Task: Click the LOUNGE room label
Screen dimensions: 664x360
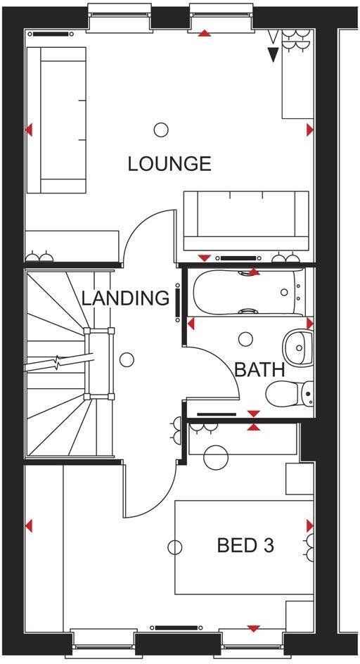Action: click(x=169, y=164)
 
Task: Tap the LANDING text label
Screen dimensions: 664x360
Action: click(x=126, y=298)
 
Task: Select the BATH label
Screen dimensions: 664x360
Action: click(x=259, y=369)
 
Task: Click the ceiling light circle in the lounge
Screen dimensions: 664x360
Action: click(x=161, y=129)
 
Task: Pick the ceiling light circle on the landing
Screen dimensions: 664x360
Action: click(x=127, y=360)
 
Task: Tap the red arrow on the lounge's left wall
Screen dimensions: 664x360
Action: click(x=29, y=130)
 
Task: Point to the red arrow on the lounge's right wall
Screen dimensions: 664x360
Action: click(x=310, y=130)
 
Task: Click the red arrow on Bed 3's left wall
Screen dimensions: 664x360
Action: click(x=29, y=525)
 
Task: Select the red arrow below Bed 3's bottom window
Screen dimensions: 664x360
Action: click(x=253, y=628)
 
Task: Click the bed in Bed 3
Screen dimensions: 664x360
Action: click(x=239, y=547)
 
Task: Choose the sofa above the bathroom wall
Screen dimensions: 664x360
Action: click(x=245, y=221)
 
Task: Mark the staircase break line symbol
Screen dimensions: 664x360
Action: click(x=56, y=362)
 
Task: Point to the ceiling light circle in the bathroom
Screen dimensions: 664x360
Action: click(x=246, y=338)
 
